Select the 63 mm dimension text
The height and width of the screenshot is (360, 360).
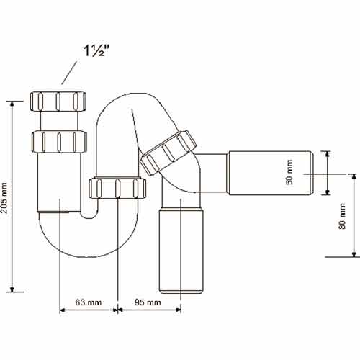click(88, 303)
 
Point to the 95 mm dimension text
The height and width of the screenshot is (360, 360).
click(148, 303)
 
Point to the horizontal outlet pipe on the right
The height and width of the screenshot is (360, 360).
click(269, 172)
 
